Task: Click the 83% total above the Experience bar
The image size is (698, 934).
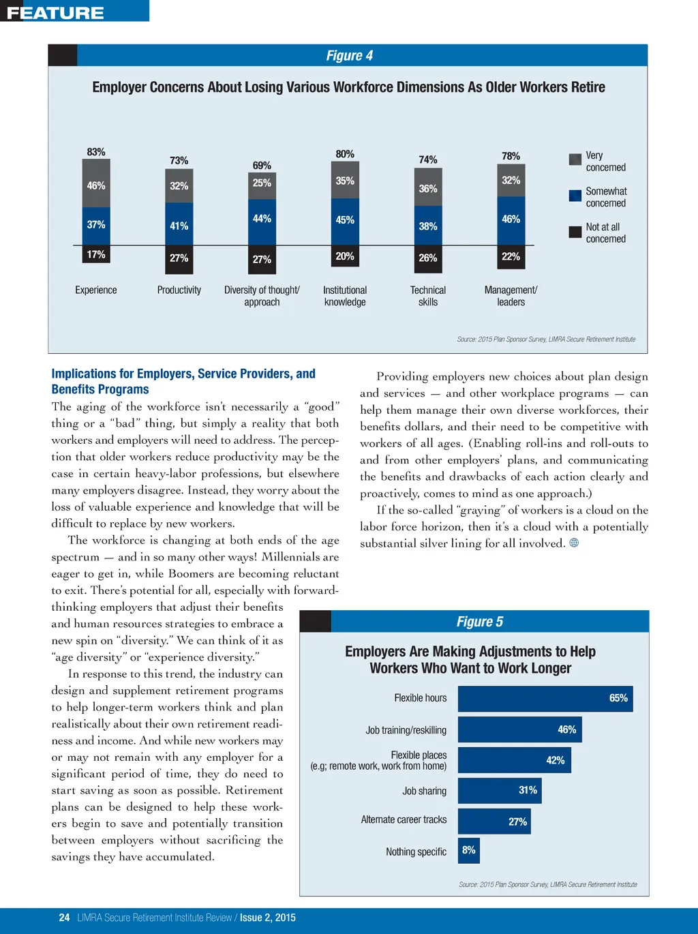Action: [x=96, y=152]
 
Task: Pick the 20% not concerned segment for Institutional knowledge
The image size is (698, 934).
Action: [x=345, y=256]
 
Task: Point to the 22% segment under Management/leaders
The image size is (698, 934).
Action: [x=511, y=256]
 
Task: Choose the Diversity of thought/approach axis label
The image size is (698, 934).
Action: [x=262, y=296]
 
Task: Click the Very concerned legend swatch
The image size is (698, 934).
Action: [x=575, y=160]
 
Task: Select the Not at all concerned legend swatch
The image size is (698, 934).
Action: [x=575, y=232]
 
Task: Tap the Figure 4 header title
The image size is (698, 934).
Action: [x=349, y=56]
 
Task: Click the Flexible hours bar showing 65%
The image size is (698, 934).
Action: [x=545, y=699]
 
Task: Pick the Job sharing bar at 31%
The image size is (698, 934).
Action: [x=500, y=791]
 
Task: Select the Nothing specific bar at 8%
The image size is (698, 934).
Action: [x=469, y=851]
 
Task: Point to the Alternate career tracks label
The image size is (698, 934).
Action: [x=404, y=820]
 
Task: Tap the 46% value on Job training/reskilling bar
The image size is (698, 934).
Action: [x=566, y=729]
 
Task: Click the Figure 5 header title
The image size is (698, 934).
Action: [x=480, y=622]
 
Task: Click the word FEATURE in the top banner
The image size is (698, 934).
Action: [x=55, y=12]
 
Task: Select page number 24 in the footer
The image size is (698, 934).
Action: [x=64, y=918]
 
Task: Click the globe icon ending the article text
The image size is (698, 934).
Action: [x=574, y=543]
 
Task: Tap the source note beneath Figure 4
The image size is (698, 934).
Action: [x=546, y=339]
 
